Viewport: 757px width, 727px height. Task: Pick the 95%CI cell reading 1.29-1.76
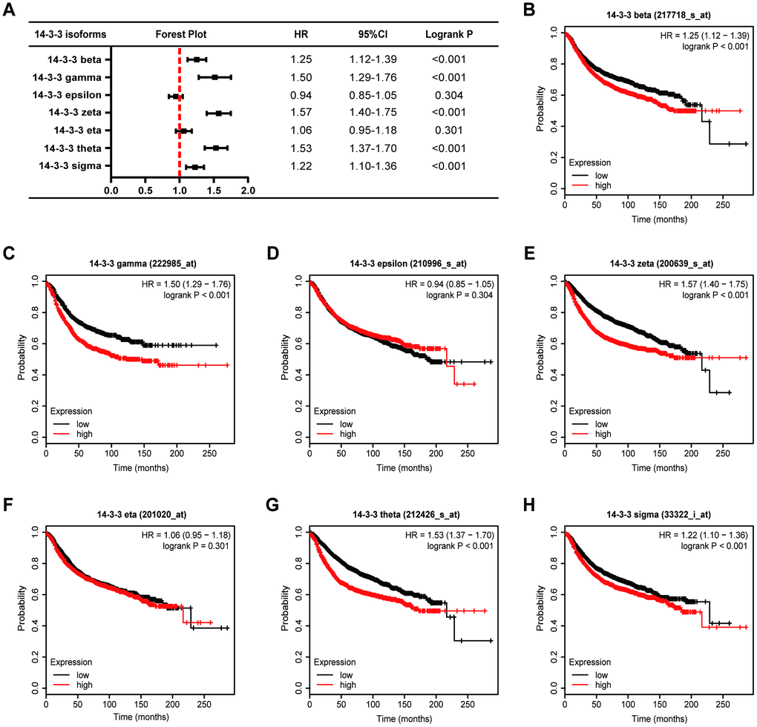[376, 76]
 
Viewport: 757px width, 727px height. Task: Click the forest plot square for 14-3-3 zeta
[219, 113]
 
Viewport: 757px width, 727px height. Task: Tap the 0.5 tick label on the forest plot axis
[145, 190]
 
